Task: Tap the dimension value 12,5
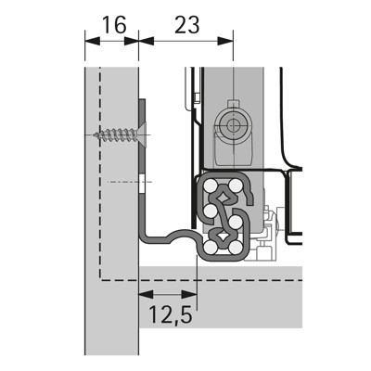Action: tap(168, 316)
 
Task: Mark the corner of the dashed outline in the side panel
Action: tap(100, 278)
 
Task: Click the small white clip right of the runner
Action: tap(269, 220)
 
